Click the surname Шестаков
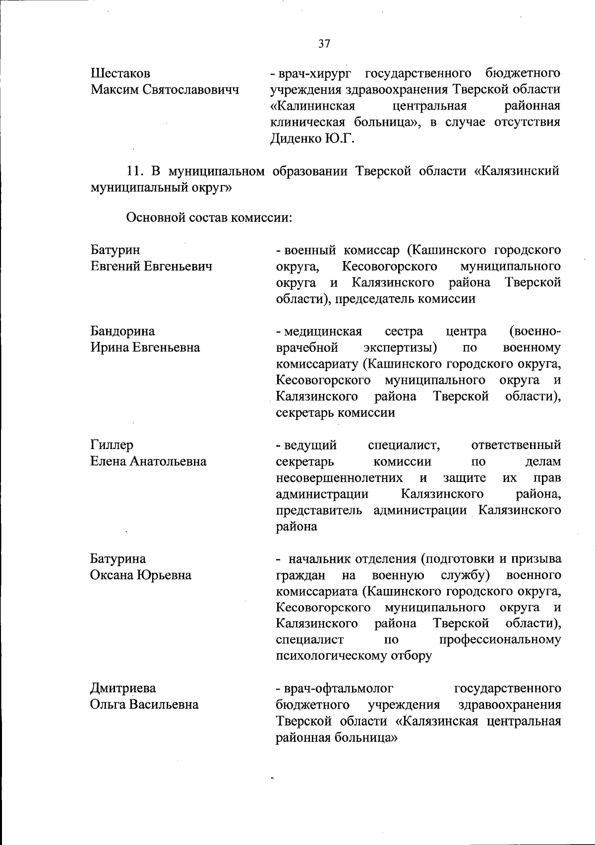click(x=120, y=74)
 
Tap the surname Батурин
click(x=115, y=250)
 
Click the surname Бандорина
click(x=122, y=331)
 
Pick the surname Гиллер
click(x=112, y=445)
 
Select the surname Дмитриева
click(x=122, y=688)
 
